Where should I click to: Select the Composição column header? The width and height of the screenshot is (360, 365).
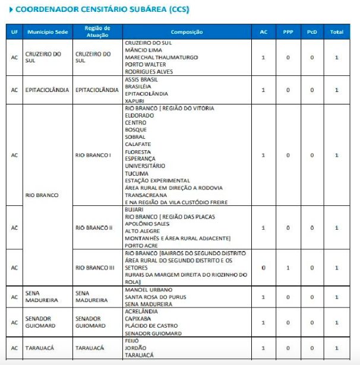coord(187,32)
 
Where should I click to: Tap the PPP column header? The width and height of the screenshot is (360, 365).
coord(288,32)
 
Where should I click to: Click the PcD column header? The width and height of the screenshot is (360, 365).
coord(312,32)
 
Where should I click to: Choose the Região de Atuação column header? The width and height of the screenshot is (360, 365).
coord(97,31)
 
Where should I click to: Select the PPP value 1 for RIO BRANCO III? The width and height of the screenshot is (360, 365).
coord(288,268)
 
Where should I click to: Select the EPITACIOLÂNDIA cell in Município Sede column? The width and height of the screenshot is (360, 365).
coord(47,90)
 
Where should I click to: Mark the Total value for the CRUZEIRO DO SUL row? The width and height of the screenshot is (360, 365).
coord(336,57)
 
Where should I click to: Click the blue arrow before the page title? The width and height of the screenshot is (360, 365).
coord(10,9)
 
